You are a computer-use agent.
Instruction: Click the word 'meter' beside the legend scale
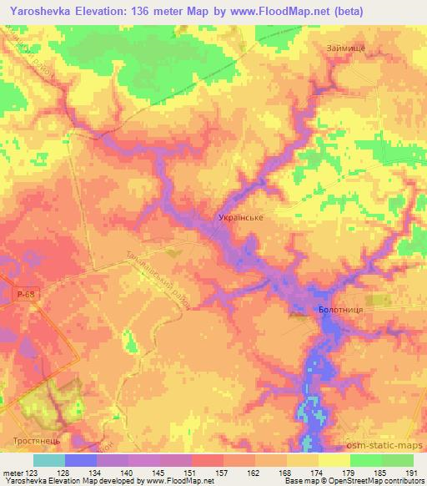[x=13, y=473]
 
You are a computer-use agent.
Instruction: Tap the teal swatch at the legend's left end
[x=49, y=460]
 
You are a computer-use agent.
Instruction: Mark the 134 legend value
[x=92, y=473]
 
